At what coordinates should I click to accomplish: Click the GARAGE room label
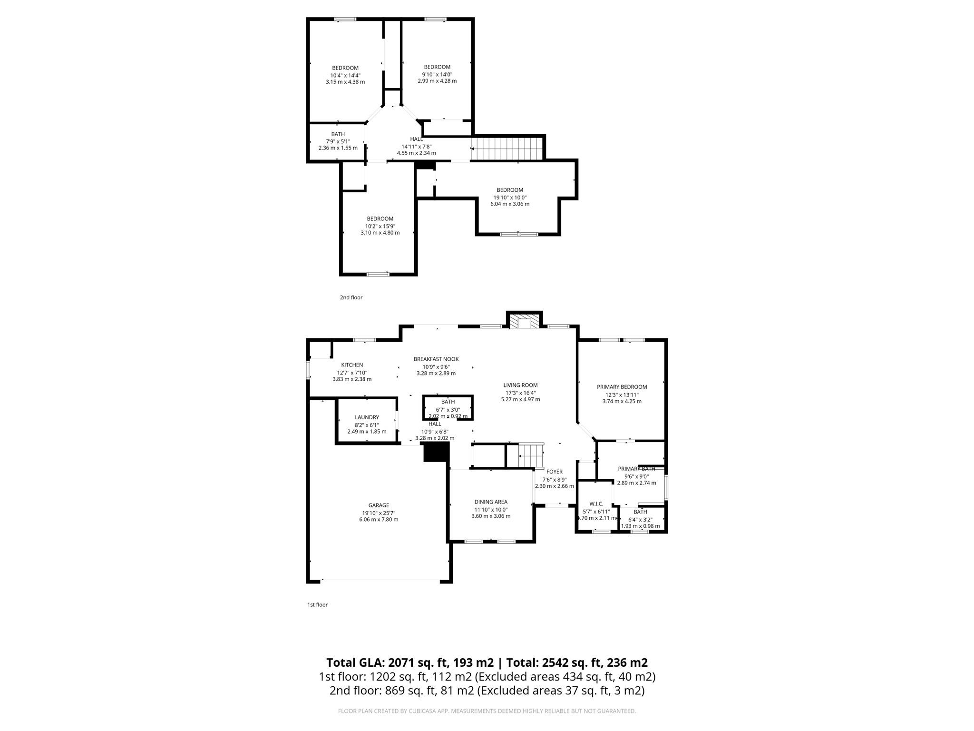click(x=379, y=505)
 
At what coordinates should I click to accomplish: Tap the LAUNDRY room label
click(x=367, y=417)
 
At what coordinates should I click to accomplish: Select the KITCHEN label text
click(x=352, y=365)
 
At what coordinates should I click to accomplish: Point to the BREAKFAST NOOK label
click(x=436, y=359)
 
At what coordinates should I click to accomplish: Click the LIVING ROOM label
click(x=520, y=385)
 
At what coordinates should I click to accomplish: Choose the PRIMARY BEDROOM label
click(x=622, y=387)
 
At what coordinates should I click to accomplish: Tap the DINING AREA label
click(x=491, y=502)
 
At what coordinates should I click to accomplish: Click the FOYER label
click(x=554, y=472)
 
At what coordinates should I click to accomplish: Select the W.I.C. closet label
click(x=596, y=504)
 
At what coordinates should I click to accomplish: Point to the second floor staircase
click(x=507, y=148)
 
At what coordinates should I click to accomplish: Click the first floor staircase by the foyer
click(x=530, y=455)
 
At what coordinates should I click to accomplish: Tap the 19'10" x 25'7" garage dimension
click(x=379, y=513)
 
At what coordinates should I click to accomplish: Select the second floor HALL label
click(x=416, y=139)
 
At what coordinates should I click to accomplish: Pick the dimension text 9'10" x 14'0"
click(x=437, y=74)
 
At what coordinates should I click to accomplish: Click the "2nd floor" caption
click(x=351, y=297)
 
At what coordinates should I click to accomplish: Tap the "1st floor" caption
click(x=317, y=605)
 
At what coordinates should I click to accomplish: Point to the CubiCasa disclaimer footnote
click(x=487, y=711)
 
